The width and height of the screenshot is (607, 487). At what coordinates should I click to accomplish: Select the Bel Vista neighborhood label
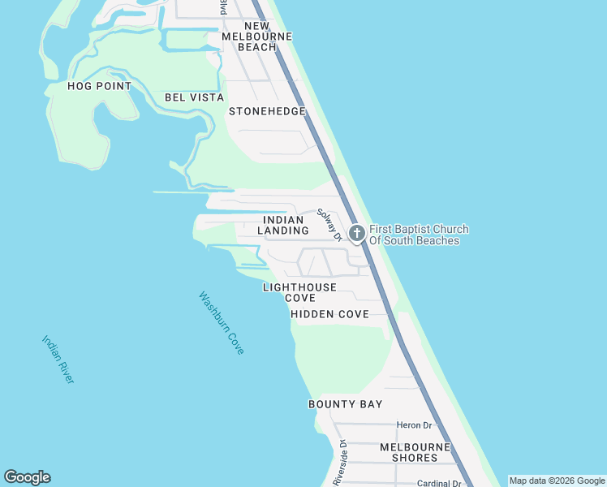coord(194,97)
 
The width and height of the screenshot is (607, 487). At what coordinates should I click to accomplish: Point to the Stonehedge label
coord(267,111)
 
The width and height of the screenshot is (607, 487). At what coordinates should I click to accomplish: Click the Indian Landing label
coord(283,226)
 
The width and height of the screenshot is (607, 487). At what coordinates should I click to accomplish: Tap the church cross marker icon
coord(356,234)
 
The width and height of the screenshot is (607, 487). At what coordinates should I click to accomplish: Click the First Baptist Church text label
coord(419,235)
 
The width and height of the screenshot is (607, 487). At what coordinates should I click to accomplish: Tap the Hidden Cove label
coord(329,314)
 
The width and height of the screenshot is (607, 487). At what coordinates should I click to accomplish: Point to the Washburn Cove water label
coord(222,322)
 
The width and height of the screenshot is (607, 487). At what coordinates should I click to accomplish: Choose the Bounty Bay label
coord(345,404)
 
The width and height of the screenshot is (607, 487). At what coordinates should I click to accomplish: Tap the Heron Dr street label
coord(414,425)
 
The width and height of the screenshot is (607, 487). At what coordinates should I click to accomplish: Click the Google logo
coord(27,477)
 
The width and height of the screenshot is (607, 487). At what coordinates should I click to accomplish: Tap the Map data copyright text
coord(557,481)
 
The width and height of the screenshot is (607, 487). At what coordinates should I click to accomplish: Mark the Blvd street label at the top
coord(222,7)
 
